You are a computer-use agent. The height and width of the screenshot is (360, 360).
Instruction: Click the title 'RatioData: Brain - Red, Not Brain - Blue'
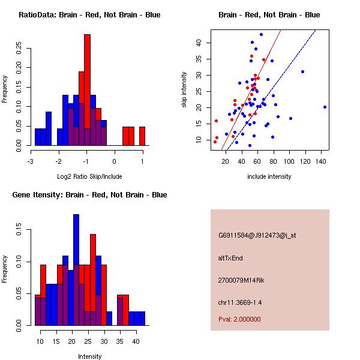(x=89, y=14)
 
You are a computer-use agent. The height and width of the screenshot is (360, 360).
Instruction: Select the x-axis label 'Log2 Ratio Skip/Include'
(x=86, y=176)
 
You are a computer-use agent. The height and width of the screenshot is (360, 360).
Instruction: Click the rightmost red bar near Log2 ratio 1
(x=142, y=136)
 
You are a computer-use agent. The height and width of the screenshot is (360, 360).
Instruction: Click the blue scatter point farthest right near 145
(x=325, y=107)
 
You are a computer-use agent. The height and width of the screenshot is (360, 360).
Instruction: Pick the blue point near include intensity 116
(x=302, y=72)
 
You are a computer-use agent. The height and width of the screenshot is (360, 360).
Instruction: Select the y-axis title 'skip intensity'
(x=184, y=90)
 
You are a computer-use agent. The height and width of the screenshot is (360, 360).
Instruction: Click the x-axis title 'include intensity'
(x=269, y=176)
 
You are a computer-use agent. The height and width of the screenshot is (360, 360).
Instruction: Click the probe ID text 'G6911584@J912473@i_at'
(x=257, y=235)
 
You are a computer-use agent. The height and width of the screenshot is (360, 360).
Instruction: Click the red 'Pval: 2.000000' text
(x=239, y=319)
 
